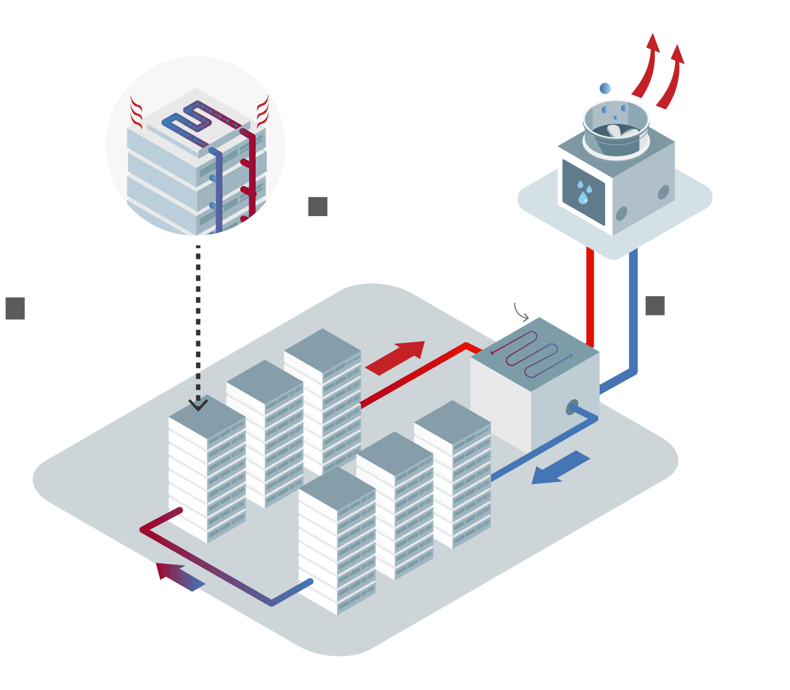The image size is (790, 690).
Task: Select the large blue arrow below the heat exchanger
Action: (x=560, y=468)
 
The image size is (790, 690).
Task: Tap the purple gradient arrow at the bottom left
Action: (x=179, y=576)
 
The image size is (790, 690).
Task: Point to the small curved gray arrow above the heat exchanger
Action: (x=521, y=312)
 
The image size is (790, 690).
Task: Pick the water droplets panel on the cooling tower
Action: (x=584, y=192)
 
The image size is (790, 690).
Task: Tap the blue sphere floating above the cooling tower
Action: (x=605, y=88)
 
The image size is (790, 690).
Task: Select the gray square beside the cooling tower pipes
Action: (x=655, y=306)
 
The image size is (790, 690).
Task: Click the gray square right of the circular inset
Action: (x=318, y=206)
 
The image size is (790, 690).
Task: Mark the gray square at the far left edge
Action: (x=15, y=308)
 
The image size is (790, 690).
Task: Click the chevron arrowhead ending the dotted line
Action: (x=198, y=405)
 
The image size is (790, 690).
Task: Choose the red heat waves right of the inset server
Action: (x=263, y=112)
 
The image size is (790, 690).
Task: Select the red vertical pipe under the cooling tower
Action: (x=590, y=296)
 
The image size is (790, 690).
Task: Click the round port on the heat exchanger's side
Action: (x=572, y=408)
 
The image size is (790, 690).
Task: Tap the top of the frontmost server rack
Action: (x=337, y=488)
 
